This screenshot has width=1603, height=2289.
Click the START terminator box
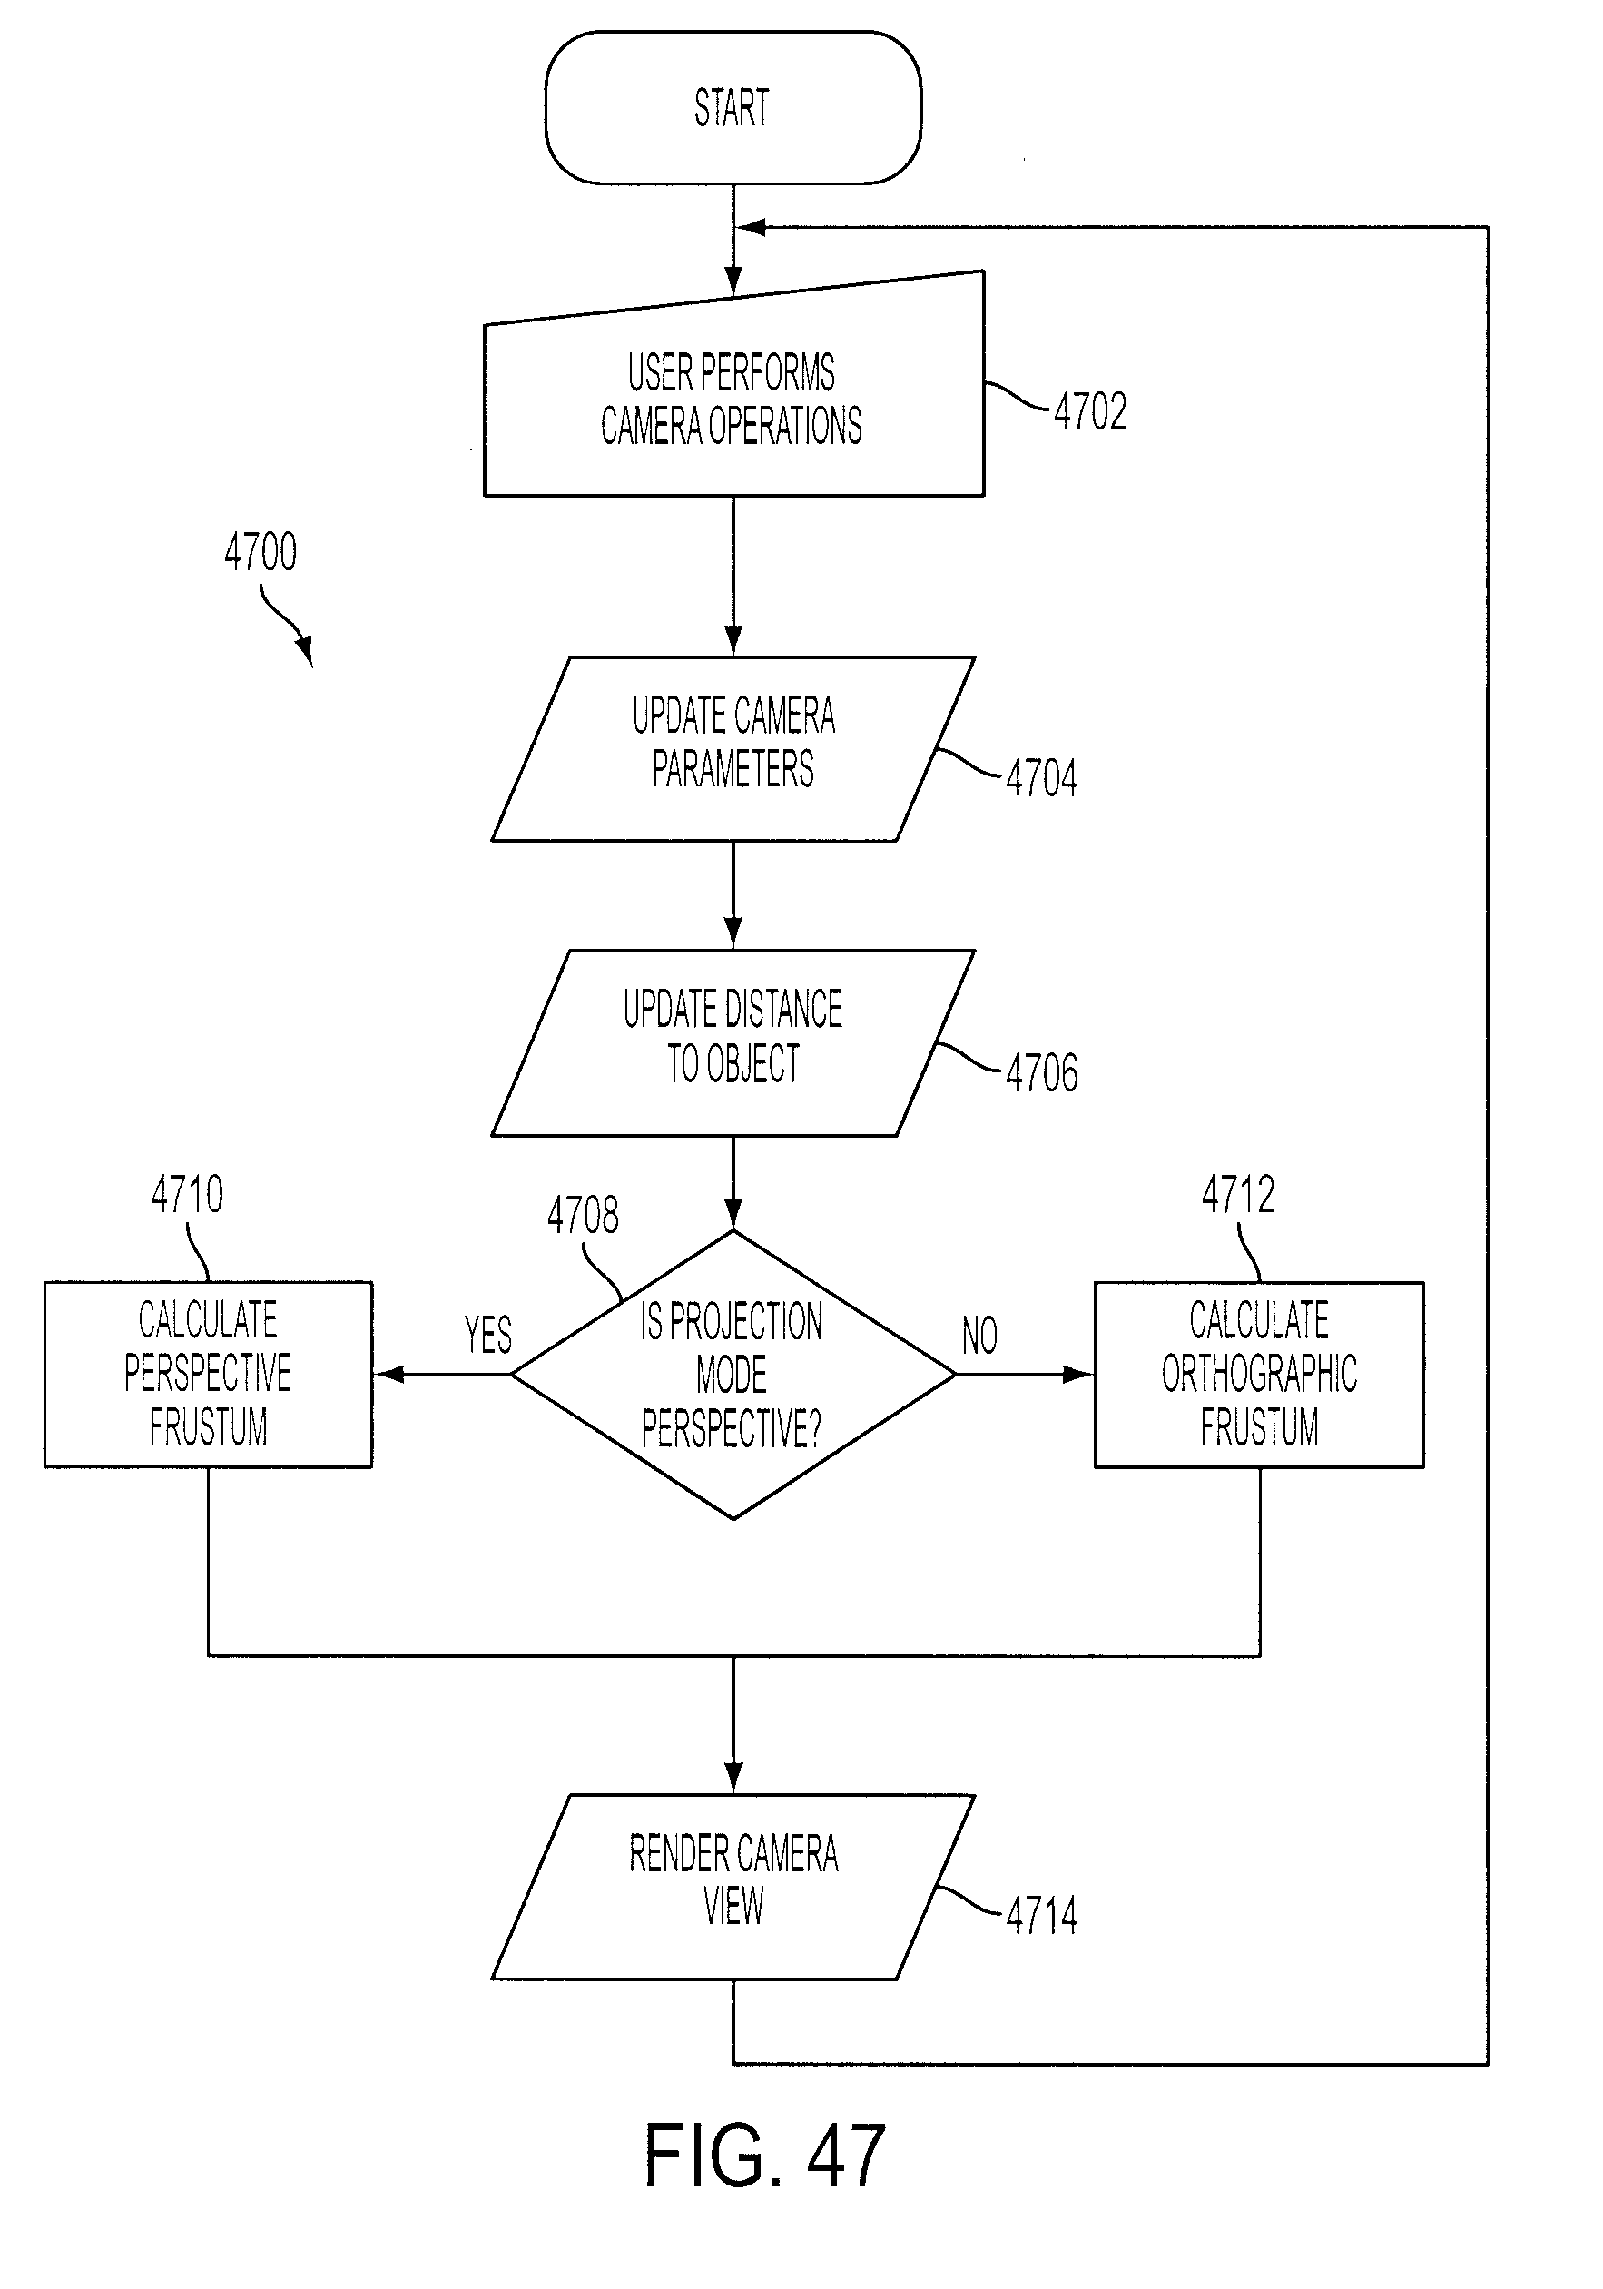[733, 108]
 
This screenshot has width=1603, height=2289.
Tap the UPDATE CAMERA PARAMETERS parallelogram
[733, 749]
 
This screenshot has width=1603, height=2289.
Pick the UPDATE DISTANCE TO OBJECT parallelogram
[733, 1043]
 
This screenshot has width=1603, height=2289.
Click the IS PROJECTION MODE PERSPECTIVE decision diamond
[733, 1375]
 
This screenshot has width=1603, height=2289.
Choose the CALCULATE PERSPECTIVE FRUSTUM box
[209, 1375]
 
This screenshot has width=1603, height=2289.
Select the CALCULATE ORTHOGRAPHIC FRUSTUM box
[1259, 1375]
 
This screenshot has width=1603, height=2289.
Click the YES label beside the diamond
[488, 1335]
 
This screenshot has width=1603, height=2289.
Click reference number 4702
[1090, 411]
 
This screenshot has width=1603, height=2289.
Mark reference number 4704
[1042, 777]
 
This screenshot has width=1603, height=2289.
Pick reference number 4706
[1042, 1072]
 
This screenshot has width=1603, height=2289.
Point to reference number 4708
[583, 1215]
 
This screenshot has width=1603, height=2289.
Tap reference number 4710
[187, 1193]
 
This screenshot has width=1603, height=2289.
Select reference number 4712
[1238, 1193]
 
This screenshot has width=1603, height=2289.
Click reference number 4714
[1042, 1915]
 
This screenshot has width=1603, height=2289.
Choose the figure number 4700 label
[261, 551]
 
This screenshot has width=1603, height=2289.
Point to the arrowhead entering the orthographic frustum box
[1078, 1375]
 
